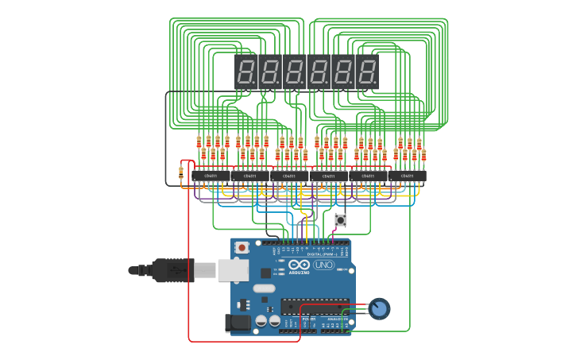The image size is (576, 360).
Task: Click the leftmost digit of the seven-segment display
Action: tap(247, 72)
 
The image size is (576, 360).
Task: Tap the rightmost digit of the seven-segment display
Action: tap(367, 72)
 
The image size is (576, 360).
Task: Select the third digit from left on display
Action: tap(295, 72)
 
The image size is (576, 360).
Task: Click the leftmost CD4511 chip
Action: tap(211, 176)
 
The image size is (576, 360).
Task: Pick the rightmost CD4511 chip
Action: tap(408, 176)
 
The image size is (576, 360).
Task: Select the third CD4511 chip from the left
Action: tap(289, 176)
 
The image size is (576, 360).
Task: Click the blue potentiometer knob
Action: tap(380, 308)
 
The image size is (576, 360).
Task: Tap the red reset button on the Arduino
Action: tap(242, 248)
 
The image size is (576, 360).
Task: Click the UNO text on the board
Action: tap(324, 265)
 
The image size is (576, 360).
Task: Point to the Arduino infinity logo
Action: tap(299, 265)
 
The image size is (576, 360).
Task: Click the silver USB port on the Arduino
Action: tap(233, 270)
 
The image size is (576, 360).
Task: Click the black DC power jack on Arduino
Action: tap(238, 322)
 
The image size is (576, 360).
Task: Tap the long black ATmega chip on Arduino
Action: tap(314, 306)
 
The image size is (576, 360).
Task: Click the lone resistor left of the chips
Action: tap(181, 172)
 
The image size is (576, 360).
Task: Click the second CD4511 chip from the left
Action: tap(250, 176)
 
